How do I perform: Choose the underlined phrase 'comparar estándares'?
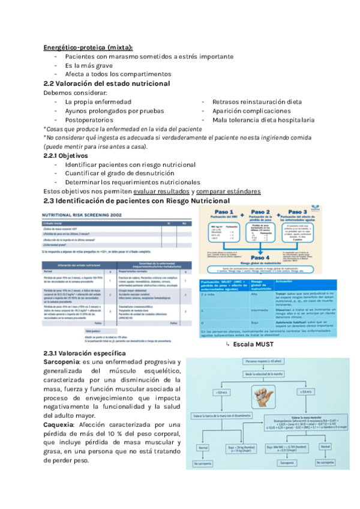(x=228, y=191)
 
